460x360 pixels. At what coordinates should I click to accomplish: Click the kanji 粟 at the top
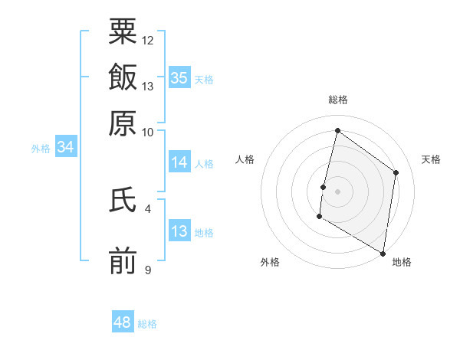click(x=123, y=32)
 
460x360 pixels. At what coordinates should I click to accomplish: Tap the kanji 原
click(x=123, y=122)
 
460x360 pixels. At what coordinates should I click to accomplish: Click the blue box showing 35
click(x=179, y=77)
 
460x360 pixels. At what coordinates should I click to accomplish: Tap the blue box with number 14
click(x=179, y=162)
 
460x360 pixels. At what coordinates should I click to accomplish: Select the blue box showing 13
click(x=179, y=231)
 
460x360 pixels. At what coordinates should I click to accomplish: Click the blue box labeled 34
click(x=66, y=148)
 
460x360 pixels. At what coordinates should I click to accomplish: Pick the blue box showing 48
click(x=123, y=322)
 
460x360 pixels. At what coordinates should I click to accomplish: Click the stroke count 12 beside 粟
click(x=148, y=40)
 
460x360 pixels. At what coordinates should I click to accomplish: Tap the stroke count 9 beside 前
click(x=148, y=270)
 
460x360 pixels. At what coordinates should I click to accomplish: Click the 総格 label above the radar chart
click(x=337, y=100)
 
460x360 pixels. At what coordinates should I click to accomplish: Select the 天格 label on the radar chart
click(x=431, y=159)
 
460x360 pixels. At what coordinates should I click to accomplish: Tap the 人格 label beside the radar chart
click(x=245, y=159)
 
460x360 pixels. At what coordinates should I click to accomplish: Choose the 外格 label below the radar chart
click(x=270, y=262)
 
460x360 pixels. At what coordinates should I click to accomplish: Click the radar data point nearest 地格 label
click(x=383, y=253)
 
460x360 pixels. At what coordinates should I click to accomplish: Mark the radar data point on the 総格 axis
click(x=337, y=131)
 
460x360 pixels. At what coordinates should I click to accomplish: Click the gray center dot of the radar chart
click(x=337, y=191)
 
